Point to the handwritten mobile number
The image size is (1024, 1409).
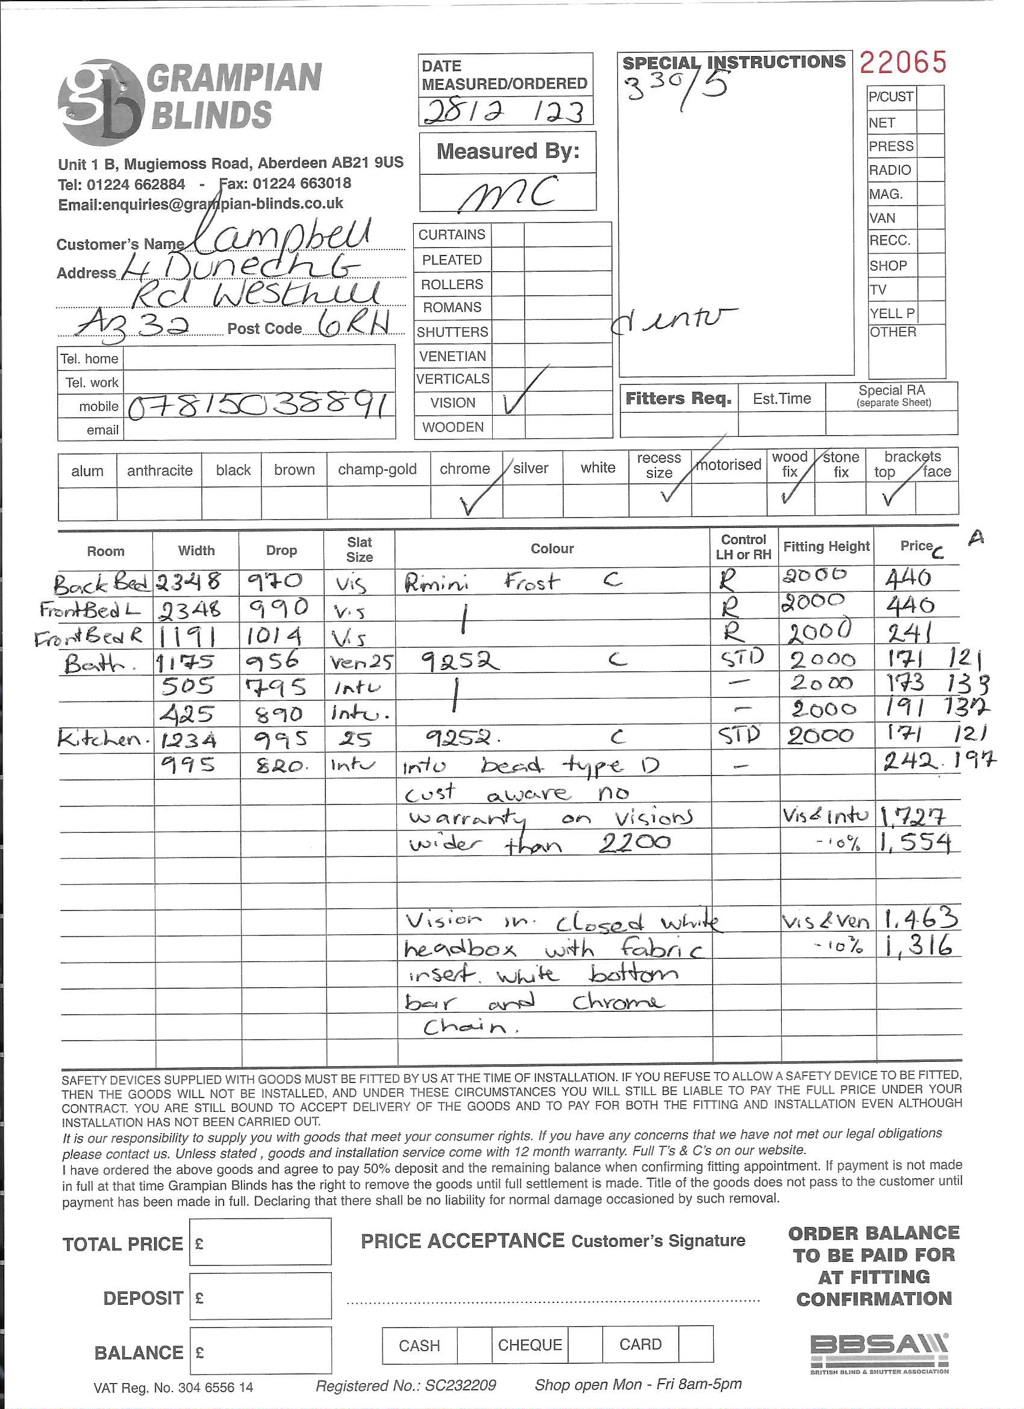(260, 406)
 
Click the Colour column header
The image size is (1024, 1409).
(551, 548)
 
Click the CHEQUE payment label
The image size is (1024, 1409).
(529, 1345)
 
